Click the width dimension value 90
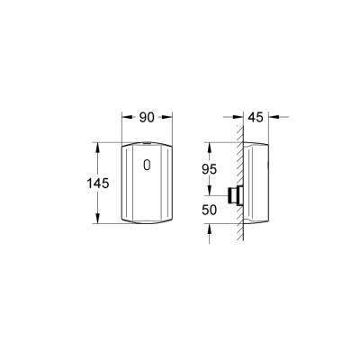tap(147, 116)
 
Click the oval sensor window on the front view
tap(148, 166)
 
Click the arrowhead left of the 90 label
tap(126, 116)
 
